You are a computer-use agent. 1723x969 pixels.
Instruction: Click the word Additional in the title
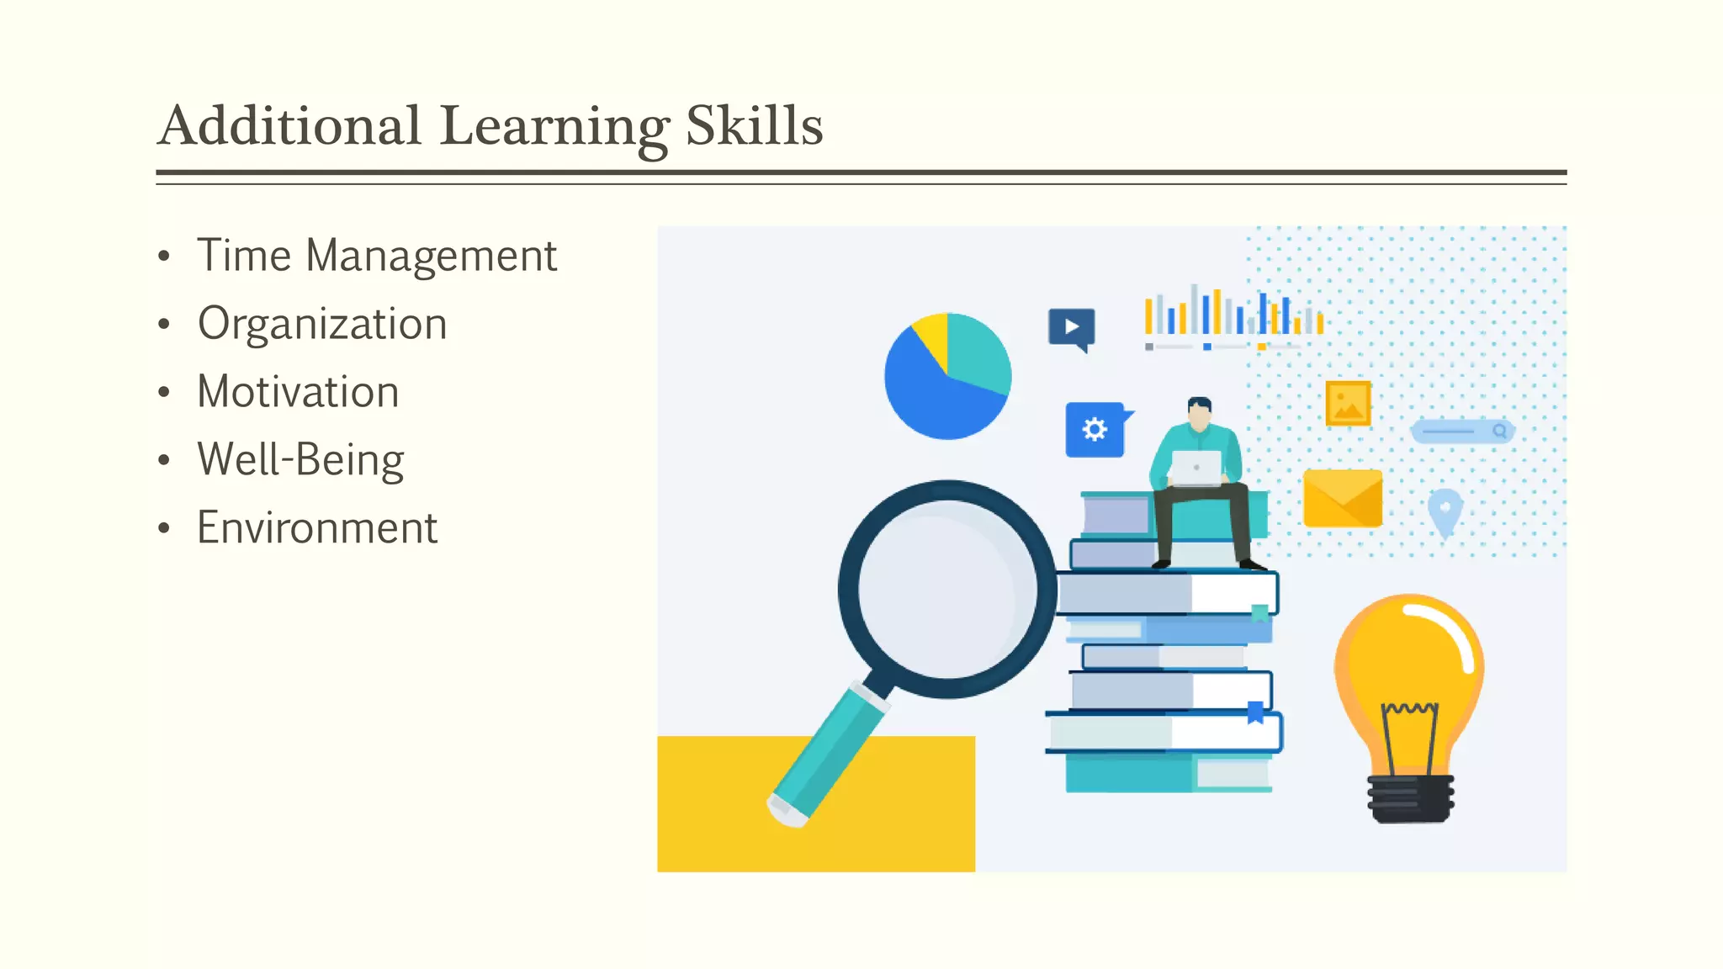[289, 126]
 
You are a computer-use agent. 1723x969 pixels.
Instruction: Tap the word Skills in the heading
[754, 126]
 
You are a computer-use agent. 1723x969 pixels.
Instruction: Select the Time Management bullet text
[376, 256]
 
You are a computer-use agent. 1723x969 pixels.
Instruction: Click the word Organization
[321, 324]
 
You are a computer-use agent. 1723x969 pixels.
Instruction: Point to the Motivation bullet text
[298, 392]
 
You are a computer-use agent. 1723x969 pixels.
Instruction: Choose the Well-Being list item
[300, 460]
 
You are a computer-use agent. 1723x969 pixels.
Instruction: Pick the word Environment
[317, 528]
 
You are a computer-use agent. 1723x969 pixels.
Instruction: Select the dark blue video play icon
[1071, 327]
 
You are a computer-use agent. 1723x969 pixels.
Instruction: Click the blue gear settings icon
[1095, 430]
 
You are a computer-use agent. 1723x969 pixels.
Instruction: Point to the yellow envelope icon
[1342, 499]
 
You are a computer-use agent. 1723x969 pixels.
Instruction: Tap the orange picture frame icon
[1348, 403]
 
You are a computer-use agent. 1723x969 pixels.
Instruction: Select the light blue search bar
[1462, 432]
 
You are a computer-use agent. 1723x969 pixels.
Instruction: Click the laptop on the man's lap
[1195, 468]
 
